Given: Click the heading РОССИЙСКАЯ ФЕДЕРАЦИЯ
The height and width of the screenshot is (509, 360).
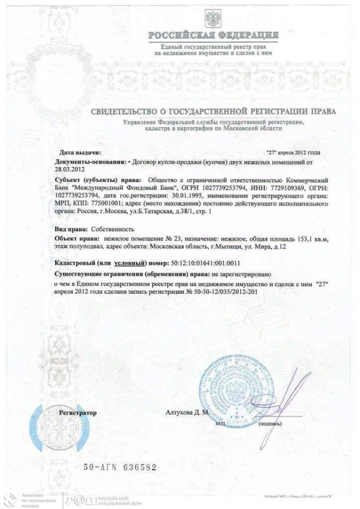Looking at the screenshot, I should pos(213,36).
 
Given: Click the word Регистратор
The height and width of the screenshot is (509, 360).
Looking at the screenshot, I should pos(78,411).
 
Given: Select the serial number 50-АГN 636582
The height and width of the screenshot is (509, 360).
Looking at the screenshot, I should pos(120,468).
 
